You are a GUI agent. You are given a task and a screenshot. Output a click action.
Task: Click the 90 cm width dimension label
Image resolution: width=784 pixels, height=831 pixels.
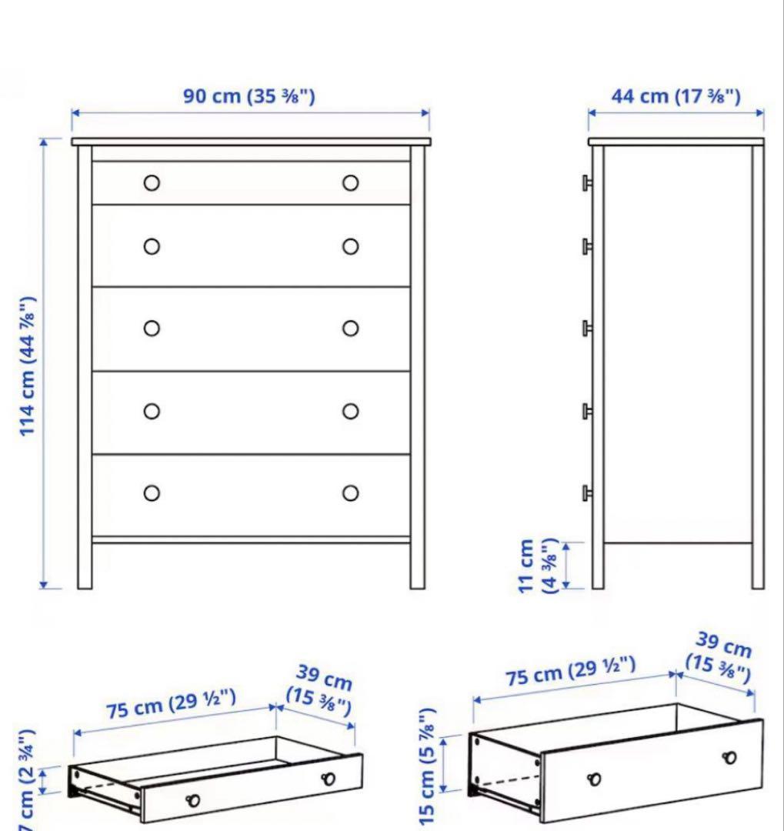(249, 96)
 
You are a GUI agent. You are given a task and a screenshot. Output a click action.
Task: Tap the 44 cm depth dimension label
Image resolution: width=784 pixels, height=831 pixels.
(676, 96)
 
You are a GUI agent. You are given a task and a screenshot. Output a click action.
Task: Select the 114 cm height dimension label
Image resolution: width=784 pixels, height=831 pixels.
(28, 365)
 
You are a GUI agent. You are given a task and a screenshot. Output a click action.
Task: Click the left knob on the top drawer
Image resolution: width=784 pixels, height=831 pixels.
(152, 183)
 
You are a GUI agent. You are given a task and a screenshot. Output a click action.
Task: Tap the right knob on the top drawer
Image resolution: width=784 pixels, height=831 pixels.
(351, 183)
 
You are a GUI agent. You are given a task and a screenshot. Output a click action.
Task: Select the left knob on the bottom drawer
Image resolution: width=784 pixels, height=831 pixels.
(152, 492)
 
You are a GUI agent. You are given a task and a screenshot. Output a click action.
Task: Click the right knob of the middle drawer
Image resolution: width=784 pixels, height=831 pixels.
(351, 329)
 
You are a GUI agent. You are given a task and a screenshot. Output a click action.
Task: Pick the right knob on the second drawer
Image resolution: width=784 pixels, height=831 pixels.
(351, 246)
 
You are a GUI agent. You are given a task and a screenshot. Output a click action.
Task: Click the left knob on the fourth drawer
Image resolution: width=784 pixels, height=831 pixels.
(152, 411)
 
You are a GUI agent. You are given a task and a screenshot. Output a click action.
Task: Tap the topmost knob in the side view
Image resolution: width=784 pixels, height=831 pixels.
(586, 182)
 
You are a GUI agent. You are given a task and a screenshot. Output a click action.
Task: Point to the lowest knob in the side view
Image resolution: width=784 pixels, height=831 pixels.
(586, 492)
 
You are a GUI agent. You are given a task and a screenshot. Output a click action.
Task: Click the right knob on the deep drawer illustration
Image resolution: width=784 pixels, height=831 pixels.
(729, 757)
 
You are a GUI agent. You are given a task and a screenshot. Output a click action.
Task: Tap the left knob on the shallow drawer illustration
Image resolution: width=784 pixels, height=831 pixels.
(193, 800)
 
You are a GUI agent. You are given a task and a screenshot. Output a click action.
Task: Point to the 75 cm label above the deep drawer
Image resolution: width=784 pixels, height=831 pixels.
(570, 672)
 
